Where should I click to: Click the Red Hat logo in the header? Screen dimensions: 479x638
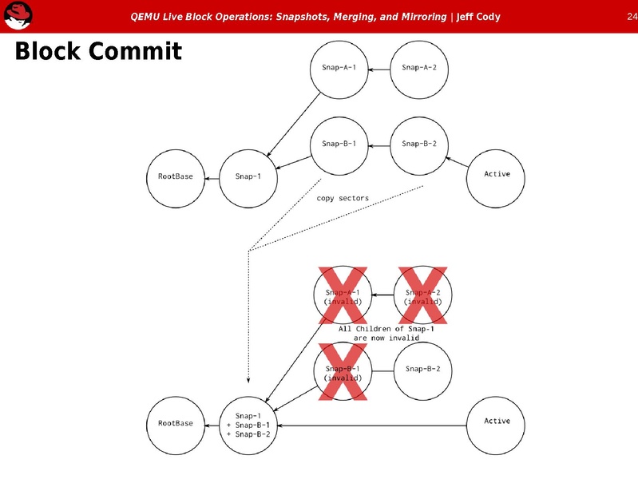coord(18,15)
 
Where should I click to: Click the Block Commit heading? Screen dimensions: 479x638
coord(98,53)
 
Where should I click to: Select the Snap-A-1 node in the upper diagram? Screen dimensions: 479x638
coord(339,68)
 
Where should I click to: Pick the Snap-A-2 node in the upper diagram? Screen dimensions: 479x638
coord(418,68)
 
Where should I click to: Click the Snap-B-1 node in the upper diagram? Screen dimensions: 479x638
coord(339,144)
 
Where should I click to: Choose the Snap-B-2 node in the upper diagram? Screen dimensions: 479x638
coord(418,144)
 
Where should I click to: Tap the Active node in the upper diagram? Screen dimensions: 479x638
coord(497,175)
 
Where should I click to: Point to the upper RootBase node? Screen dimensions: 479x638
coord(176,176)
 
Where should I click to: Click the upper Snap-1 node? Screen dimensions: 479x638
coord(248,176)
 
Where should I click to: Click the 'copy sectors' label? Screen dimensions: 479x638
coord(343,199)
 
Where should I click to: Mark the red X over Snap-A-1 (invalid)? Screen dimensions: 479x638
coord(343,295)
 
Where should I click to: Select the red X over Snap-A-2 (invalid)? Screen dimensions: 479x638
coord(423,295)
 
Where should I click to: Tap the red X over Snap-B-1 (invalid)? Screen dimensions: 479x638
coord(343,372)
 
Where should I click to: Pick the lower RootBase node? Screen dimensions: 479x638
coord(176,423)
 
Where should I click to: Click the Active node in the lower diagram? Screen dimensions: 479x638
coord(497,421)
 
